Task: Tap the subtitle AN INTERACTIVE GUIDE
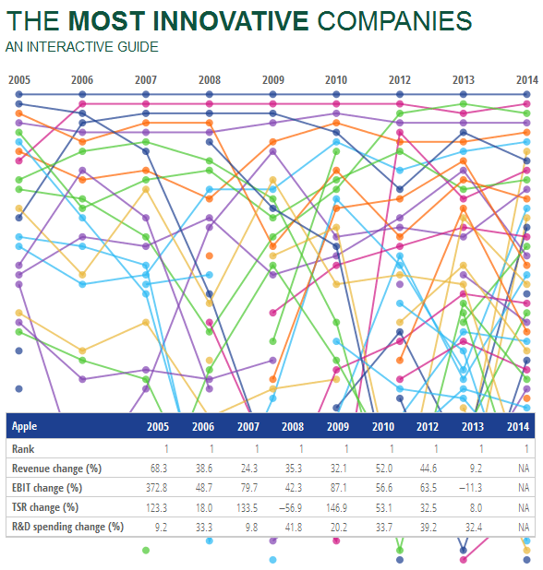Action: [x=81, y=47]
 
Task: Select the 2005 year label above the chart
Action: [x=19, y=80]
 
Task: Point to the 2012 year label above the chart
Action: [x=400, y=80]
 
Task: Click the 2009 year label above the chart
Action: [x=273, y=80]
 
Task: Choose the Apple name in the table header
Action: [x=25, y=427]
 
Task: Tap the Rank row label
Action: [x=23, y=448]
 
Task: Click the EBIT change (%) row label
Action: [x=47, y=487]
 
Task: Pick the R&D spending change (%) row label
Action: [x=67, y=527]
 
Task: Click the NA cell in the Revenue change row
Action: [x=523, y=468]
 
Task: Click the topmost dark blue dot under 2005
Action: [x=19, y=94]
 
